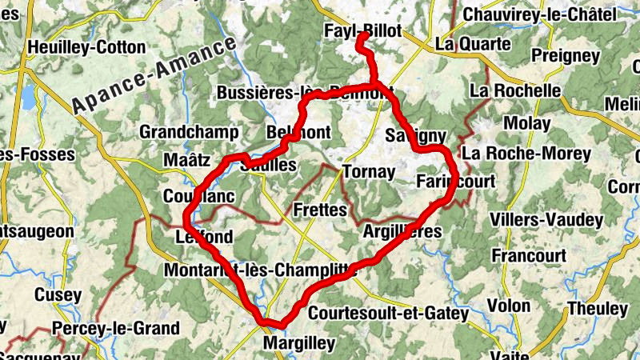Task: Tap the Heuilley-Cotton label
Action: coord(86,47)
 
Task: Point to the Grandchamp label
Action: coord(189,132)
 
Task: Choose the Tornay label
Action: coord(369,172)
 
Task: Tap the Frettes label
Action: coord(320,210)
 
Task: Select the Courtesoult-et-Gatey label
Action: coord(388,314)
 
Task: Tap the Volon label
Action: coord(508,306)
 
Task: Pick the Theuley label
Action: coord(597,309)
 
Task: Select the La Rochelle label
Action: coord(515,90)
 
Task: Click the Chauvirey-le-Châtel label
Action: coord(539,14)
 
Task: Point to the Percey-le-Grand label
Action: coord(115,329)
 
